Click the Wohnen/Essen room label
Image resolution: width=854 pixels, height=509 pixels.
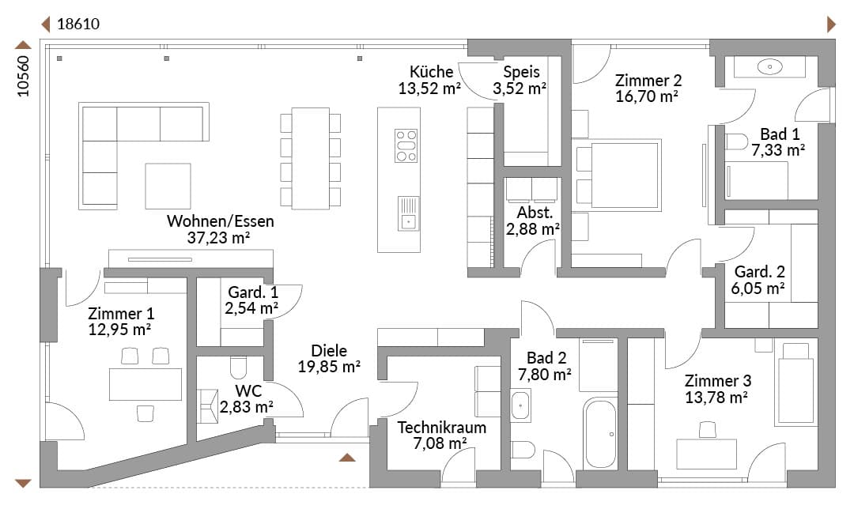(x=220, y=221)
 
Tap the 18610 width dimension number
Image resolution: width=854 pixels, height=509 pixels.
(x=78, y=24)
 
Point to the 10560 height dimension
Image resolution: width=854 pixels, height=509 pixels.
(x=23, y=76)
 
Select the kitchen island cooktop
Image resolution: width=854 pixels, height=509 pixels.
(x=406, y=146)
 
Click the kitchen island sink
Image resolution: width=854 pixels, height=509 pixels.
(x=409, y=213)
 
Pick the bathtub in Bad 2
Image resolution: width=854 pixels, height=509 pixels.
(x=600, y=433)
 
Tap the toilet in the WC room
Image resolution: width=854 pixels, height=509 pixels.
(x=239, y=368)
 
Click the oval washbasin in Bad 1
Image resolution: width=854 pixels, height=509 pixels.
(x=769, y=67)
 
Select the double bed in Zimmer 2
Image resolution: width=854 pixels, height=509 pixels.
(x=617, y=175)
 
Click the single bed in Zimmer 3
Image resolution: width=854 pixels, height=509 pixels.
(x=795, y=383)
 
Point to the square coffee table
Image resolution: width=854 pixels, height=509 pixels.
(x=168, y=186)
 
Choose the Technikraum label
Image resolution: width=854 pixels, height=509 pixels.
(x=442, y=428)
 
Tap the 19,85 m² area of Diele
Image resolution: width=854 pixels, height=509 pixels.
(x=329, y=367)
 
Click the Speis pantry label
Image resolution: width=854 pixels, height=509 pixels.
(x=521, y=72)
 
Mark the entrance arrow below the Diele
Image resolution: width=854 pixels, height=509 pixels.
(x=347, y=458)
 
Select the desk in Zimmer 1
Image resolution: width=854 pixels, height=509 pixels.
(x=145, y=384)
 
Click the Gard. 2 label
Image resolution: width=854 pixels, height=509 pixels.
(x=759, y=272)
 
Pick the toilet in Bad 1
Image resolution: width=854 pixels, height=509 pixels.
(x=736, y=141)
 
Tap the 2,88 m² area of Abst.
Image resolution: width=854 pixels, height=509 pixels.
(x=533, y=229)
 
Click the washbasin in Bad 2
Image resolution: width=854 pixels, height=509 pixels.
(x=520, y=405)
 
